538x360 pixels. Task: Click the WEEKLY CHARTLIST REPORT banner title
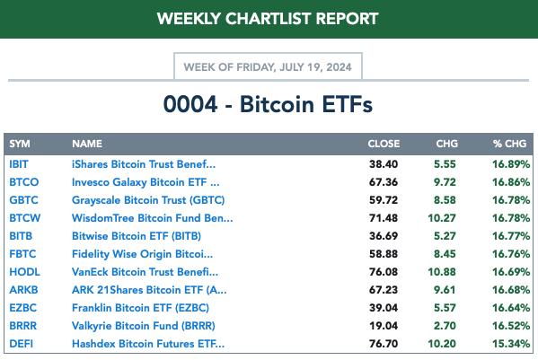tap(268, 19)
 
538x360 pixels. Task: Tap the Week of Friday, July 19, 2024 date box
tap(268, 66)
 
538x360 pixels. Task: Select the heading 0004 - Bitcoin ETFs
tap(268, 104)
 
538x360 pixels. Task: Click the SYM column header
tap(20, 144)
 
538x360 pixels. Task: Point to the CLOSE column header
tap(384, 144)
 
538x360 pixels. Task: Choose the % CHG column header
tap(509, 144)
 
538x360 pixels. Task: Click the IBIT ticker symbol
tap(19, 164)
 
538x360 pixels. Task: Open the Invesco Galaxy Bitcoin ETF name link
tap(146, 182)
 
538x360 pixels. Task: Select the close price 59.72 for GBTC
tap(384, 200)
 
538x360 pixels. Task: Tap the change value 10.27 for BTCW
tap(442, 218)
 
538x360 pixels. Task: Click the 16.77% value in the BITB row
tap(511, 236)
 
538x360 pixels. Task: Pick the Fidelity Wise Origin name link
tap(142, 254)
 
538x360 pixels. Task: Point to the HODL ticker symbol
tap(25, 272)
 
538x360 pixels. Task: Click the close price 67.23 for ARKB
tap(384, 290)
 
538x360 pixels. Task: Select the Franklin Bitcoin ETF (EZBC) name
tap(140, 308)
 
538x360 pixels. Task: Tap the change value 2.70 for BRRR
tap(445, 326)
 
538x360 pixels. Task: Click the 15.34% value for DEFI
tap(511, 344)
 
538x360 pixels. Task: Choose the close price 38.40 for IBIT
tap(384, 164)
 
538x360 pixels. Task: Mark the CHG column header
tap(446, 144)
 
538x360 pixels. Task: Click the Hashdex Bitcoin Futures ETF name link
tap(148, 344)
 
